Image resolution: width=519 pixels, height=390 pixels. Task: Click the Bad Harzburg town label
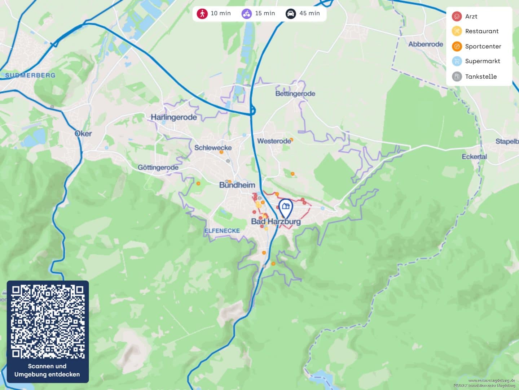coord(276,221)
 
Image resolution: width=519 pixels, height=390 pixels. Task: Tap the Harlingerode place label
coord(173,117)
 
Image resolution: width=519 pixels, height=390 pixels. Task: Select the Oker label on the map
coord(83,134)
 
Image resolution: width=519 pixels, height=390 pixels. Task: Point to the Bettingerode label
coord(295,94)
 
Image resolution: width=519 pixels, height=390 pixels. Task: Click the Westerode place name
coord(274,141)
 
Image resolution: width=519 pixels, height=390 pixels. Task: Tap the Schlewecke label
coord(213,148)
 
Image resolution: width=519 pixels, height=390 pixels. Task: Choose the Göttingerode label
coord(158,168)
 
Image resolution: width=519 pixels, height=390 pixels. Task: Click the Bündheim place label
coord(237,185)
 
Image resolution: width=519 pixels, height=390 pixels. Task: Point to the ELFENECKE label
coord(222,231)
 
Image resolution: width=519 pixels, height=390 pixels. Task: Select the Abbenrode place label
coord(426,44)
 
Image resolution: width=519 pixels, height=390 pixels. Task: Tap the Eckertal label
coord(474,157)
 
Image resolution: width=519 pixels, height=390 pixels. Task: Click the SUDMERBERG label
coord(30,75)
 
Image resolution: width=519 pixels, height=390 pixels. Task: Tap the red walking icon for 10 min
coord(202,14)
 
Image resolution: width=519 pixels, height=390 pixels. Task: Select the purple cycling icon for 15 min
coord(247,14)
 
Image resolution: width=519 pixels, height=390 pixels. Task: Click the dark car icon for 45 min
coord(291,14)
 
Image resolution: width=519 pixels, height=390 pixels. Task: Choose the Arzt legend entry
coord(471,17)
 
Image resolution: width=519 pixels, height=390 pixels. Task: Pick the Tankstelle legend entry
coord(480,77)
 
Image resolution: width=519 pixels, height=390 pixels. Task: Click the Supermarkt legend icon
coord(457,61)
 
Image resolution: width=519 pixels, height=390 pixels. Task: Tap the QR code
coord(48,321)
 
